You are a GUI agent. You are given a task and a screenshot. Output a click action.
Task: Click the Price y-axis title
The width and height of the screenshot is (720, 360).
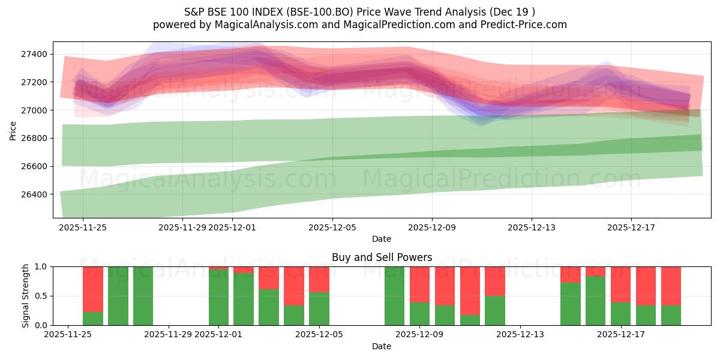click(x=13, y=130)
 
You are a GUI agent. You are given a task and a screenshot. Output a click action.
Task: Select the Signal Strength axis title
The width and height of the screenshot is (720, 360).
click(x=25, y=296)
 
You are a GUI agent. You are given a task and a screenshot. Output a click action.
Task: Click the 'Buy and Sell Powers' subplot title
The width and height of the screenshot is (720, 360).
click(x=382, y=257)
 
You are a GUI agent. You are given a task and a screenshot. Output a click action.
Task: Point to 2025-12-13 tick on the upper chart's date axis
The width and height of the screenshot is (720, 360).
click(x=531, y=227)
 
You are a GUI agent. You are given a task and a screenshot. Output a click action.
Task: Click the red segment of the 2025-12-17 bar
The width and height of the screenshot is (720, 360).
click(x=620, y=284)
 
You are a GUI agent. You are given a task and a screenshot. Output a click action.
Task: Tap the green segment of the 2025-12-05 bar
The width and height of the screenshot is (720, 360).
click(x=319, y=308)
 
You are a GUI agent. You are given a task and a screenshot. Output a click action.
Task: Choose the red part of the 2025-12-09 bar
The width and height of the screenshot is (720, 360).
click(x=419, y=284)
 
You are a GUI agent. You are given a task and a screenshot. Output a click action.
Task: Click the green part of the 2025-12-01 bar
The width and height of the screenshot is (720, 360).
click(x=218, y=297)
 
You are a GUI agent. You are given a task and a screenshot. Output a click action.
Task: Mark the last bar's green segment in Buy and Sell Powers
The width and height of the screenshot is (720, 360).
click(x=671, y=315)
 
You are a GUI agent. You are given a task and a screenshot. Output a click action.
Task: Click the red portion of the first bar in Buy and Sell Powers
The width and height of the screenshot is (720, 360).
click(x=93, y=289)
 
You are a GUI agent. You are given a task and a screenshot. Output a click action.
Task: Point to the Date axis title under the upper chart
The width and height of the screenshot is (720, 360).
click(x=382, y=239)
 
